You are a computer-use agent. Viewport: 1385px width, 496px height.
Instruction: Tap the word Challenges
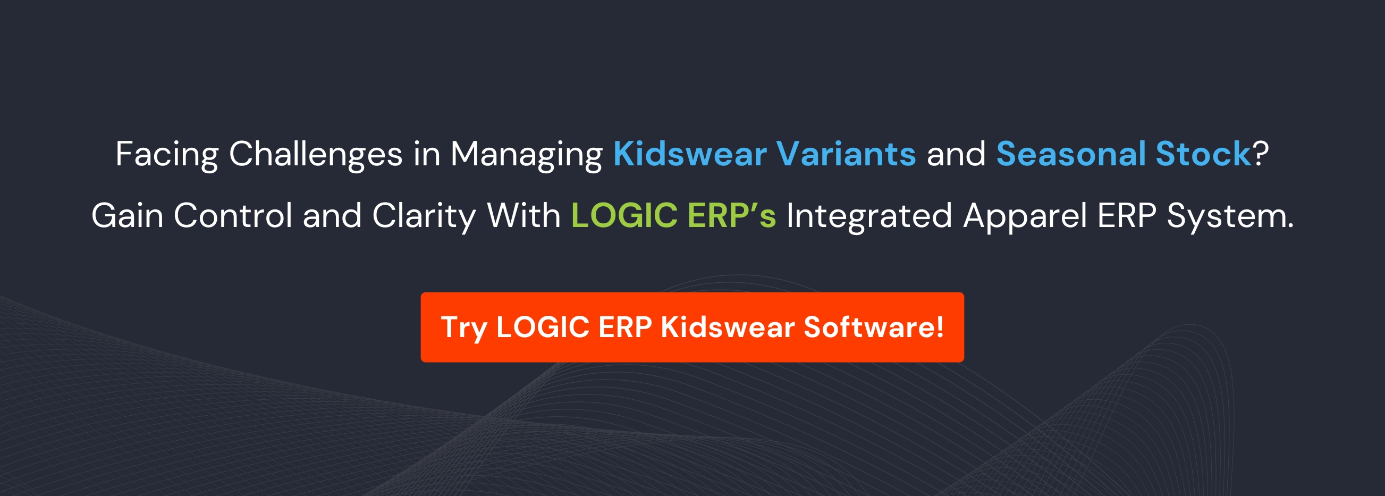click(x=316, y=154)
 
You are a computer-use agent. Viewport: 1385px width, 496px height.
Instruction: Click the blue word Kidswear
click(x=690, y=154)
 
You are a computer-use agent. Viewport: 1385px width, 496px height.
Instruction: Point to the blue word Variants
click(x=846, y=154)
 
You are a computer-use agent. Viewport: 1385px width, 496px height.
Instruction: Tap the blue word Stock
click(x=1204, y=154)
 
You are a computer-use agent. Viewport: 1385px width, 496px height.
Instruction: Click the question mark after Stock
click(x=1261, y=154)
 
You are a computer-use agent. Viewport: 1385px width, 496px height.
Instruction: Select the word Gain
click(x=128, y=216)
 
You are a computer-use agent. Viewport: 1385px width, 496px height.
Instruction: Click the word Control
click(x=233, y=216)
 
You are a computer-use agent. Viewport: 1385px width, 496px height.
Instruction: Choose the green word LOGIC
click(x=624, y=216)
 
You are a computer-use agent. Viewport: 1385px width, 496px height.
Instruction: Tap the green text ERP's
click(x=732, y=216)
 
